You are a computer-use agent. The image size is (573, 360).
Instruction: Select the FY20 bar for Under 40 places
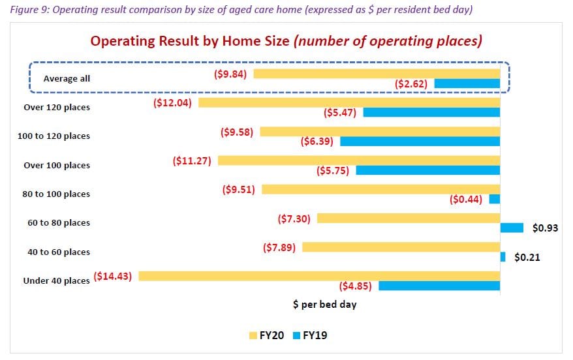[x=319, y=276]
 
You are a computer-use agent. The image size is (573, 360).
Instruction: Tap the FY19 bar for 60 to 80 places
[x=512, y=228]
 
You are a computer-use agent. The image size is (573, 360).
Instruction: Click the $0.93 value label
[x=545, y=228]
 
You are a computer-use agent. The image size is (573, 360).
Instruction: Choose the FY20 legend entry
[x=267, y=335]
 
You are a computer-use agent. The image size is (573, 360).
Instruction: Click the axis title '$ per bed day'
[x=324, y=304]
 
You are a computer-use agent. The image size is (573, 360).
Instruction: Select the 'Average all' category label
[x=67, y=78]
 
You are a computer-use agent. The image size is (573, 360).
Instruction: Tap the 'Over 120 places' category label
[x=57, y=107]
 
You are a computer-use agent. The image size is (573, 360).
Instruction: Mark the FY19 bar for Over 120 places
[x=431, y=112]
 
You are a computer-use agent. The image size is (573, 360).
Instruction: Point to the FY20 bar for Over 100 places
[x=359, y=160]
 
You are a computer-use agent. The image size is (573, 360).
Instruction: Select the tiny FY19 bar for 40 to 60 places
[x=503, y=257]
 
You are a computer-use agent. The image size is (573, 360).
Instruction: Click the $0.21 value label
[x=527, y=257]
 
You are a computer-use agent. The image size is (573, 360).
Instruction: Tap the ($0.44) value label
[x=466, y=199]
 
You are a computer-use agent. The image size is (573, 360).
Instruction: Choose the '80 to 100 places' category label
[x=57, y=194]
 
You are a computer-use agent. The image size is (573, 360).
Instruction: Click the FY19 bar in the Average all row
[x=467, y=83]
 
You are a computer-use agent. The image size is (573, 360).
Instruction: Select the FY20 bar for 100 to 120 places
[x=380, y=132]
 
